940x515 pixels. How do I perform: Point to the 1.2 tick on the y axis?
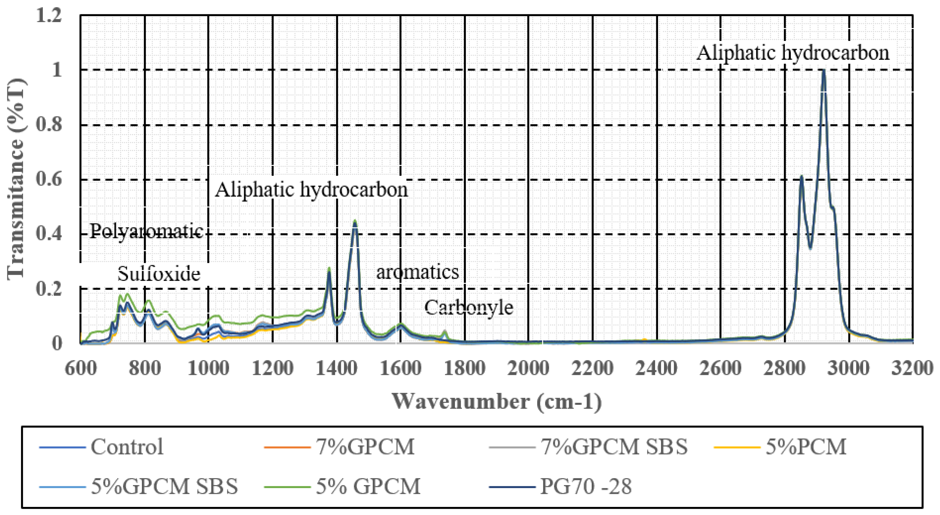pos(49,16)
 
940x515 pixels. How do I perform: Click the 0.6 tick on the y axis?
pos(49,180)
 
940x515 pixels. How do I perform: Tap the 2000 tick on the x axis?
pos(528,368)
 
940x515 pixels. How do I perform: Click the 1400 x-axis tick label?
pos(336,368)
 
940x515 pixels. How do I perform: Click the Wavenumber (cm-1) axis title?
pos(497,402)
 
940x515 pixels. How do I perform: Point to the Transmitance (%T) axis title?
pos(16,179)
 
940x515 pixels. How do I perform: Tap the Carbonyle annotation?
pos(469,307)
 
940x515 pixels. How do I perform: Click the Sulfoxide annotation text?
pos(159,274)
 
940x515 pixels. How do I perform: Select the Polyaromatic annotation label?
pos(146,231)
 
